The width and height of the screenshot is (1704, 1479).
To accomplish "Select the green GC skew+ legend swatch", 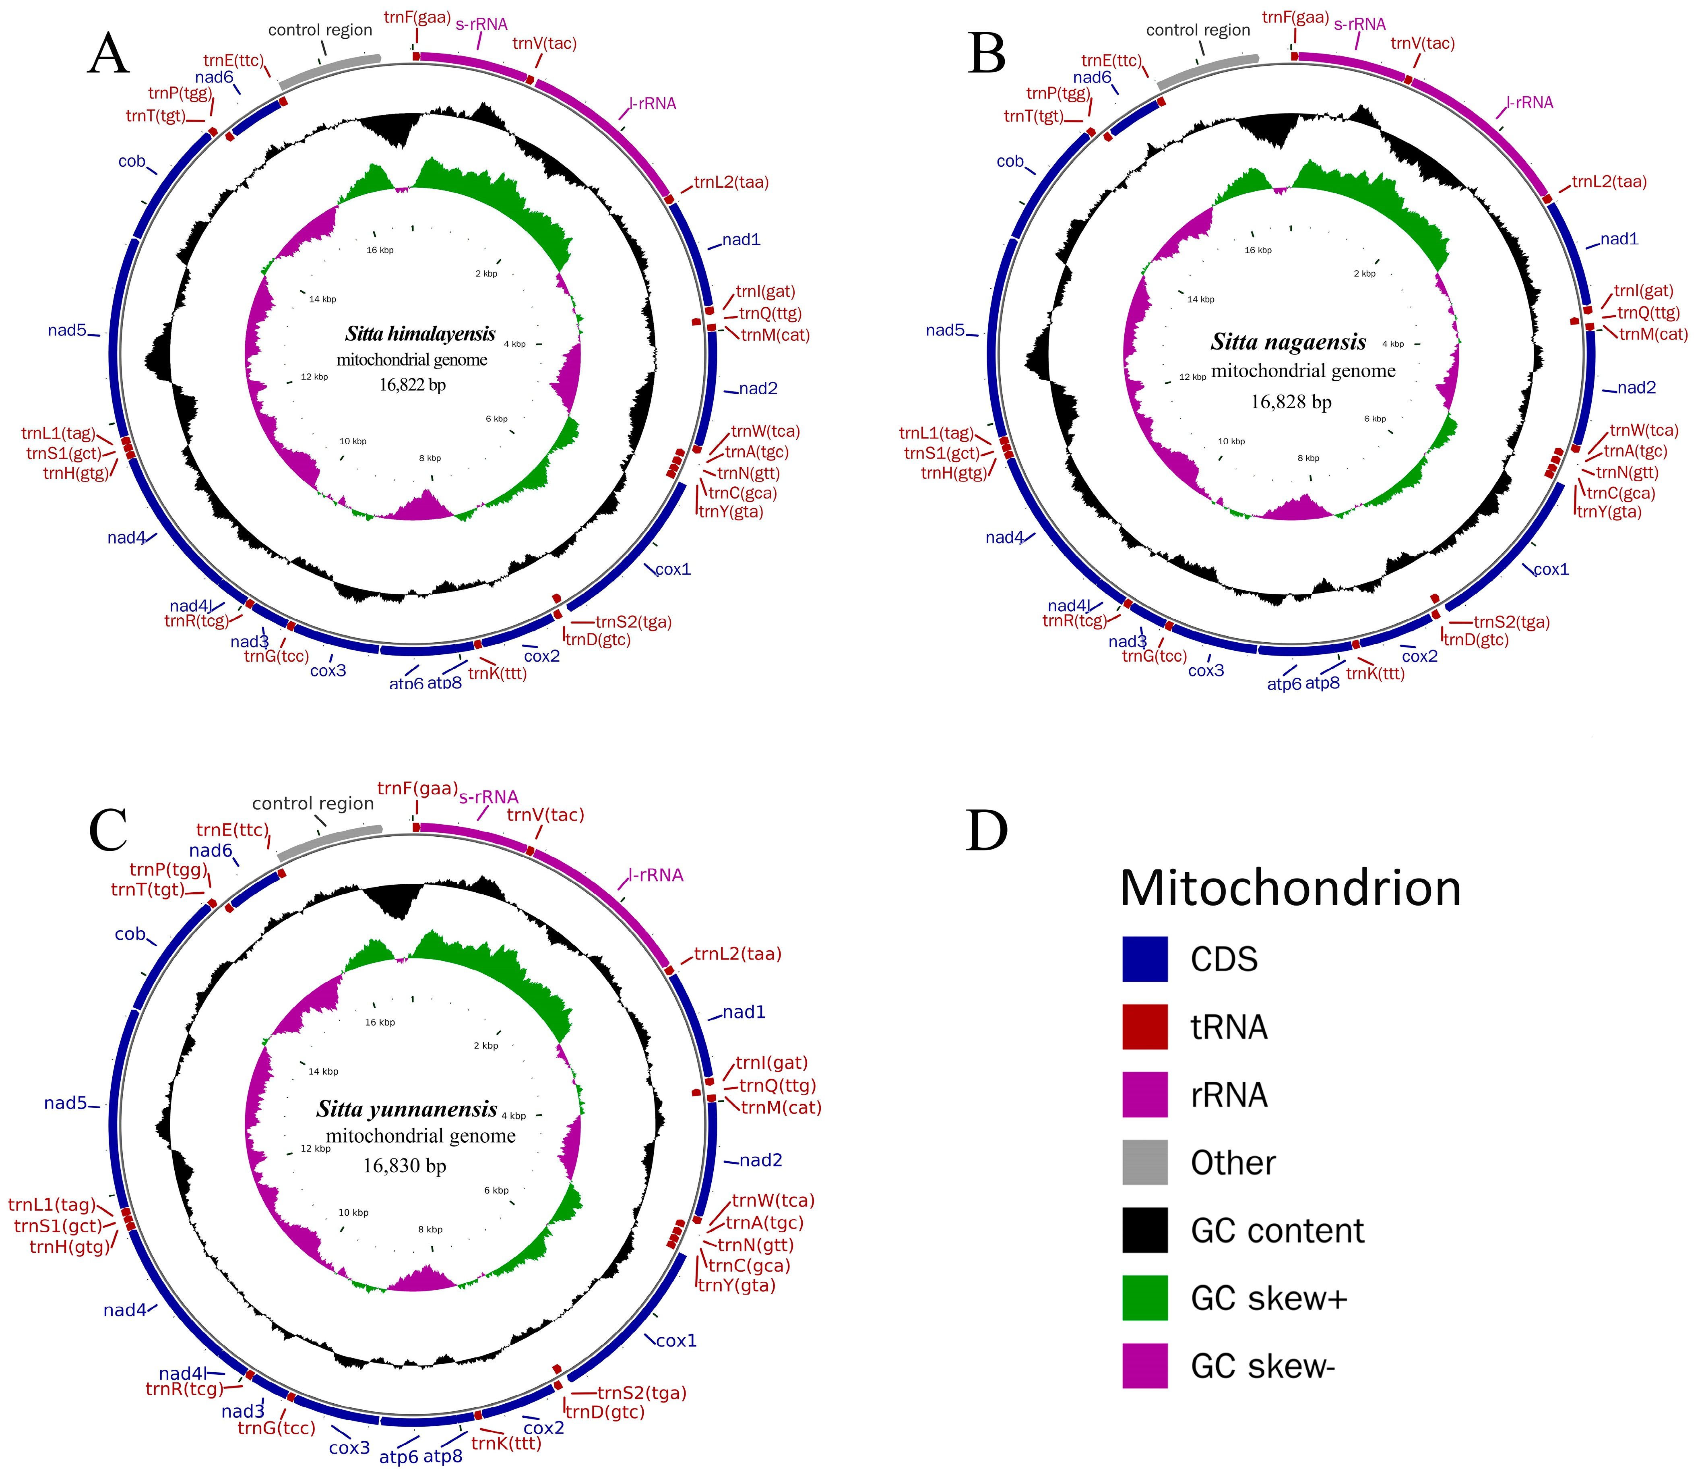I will tap(1144, 1297).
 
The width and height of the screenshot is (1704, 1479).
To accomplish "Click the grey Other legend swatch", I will tap(1144, 1162).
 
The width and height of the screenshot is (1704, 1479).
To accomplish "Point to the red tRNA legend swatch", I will tap(1144, 1027).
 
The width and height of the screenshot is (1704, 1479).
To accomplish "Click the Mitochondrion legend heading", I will tap(1290, 889).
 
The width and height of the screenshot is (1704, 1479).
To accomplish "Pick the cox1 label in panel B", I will tap(1551, 569).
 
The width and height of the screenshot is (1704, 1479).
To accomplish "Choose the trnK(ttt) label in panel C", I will tap(506, 1444).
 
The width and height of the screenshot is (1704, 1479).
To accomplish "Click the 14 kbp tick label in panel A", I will tap(323, 300).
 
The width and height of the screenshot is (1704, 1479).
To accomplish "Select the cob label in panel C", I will tap(130, 934).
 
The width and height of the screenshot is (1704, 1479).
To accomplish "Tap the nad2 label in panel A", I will tap(758, 389).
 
